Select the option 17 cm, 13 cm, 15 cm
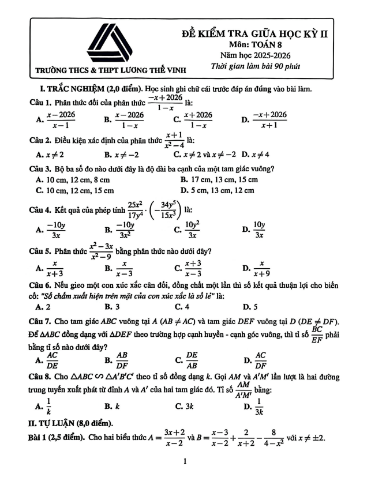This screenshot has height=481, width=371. click(x=219, y=180)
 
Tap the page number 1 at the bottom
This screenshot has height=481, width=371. click(x=184, y=461)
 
